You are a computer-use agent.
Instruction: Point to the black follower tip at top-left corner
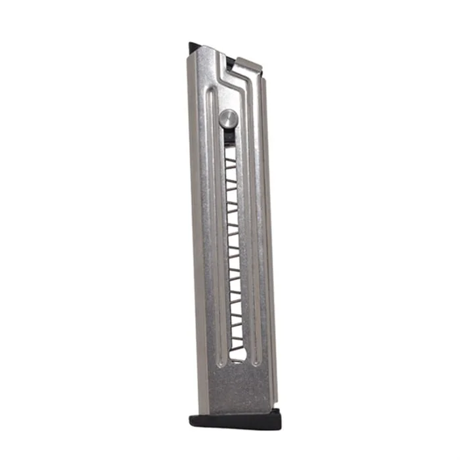point(193,47)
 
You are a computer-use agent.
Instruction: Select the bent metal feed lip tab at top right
point(248,64)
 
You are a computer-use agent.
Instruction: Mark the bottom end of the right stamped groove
point(258,360)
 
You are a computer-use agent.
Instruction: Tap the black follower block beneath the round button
point(228,136)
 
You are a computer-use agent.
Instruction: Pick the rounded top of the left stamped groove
point(210,93)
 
